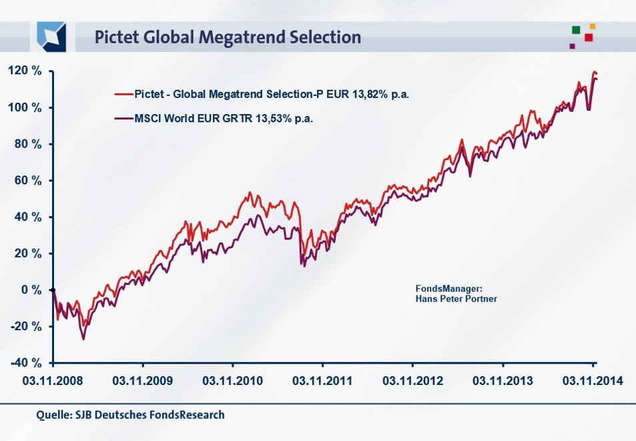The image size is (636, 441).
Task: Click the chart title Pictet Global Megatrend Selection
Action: pos(228,37)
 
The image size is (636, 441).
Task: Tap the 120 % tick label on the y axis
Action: pos(26,71)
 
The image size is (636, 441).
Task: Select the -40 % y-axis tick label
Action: pos(26,362)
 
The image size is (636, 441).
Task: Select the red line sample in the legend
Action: pos(123,94)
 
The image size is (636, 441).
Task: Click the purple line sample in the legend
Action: pos(123,119)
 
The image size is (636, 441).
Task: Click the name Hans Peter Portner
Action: pos(456,298)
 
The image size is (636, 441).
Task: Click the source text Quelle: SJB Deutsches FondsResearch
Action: pos(131,415)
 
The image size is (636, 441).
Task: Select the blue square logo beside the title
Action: pos(52,36)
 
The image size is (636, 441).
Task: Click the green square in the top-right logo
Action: pos(576,30)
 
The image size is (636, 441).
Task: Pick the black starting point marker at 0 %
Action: pos(53,290)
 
